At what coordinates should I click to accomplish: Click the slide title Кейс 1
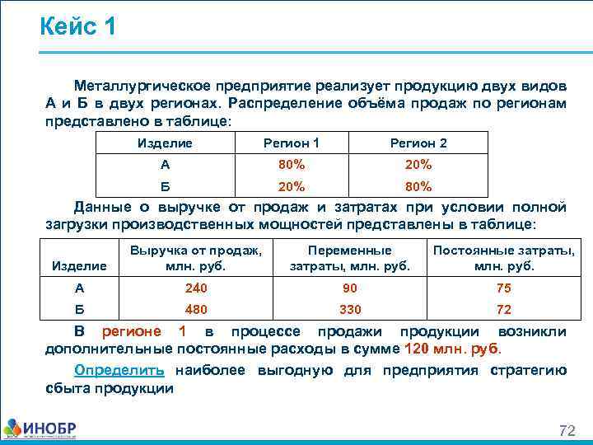(x=77, y=26)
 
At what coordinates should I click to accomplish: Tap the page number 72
(x=566, y=430)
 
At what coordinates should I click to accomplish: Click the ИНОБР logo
(x=40, y=429)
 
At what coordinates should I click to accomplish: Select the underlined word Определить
(x=119, y=370)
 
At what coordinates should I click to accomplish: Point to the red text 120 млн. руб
(x=452, y=350)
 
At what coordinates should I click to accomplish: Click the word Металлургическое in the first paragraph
(x=143, y=86)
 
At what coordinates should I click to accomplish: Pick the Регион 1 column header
(x=291, y=143)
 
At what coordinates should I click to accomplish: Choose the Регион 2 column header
(x=418, y=143)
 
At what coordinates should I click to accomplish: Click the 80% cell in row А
(x=291, y=164)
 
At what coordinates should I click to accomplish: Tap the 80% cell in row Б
(x=418, y=185)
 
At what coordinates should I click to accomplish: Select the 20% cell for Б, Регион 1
(x=291, y=185)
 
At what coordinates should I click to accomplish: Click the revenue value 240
(x=197, y=288)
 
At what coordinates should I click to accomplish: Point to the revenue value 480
(x=197, y=310)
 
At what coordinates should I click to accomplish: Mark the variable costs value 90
(x=350, y=288)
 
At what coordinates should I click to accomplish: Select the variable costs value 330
(x=350, y=310)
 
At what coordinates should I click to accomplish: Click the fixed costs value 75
(x=504, y=288)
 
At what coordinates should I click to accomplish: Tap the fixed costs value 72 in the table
(x=504, y=310)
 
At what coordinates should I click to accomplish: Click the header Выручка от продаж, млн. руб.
(x=197, y=258)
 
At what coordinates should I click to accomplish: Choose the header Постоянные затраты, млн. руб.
(x=504, y=258)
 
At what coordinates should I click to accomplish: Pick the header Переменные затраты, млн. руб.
(x=350, y=258)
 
